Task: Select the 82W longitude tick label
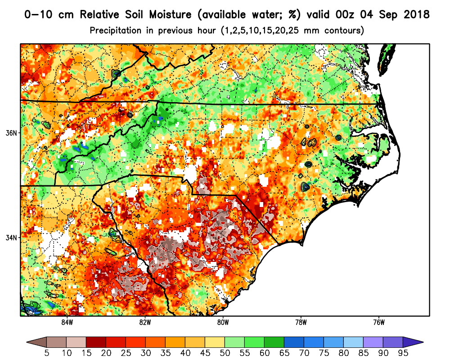(x=144, y=322)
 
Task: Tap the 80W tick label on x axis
(x=223, y=322)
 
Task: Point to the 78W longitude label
(x=301, y=322)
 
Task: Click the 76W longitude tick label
(x=379, y=322)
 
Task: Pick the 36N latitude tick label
(x=11, y=133)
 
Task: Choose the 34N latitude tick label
(x=11, y=238)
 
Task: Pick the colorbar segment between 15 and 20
(x=96, y=341)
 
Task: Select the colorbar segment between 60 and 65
(x=274, y=341)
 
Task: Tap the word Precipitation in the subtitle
(x=117, y=31)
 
